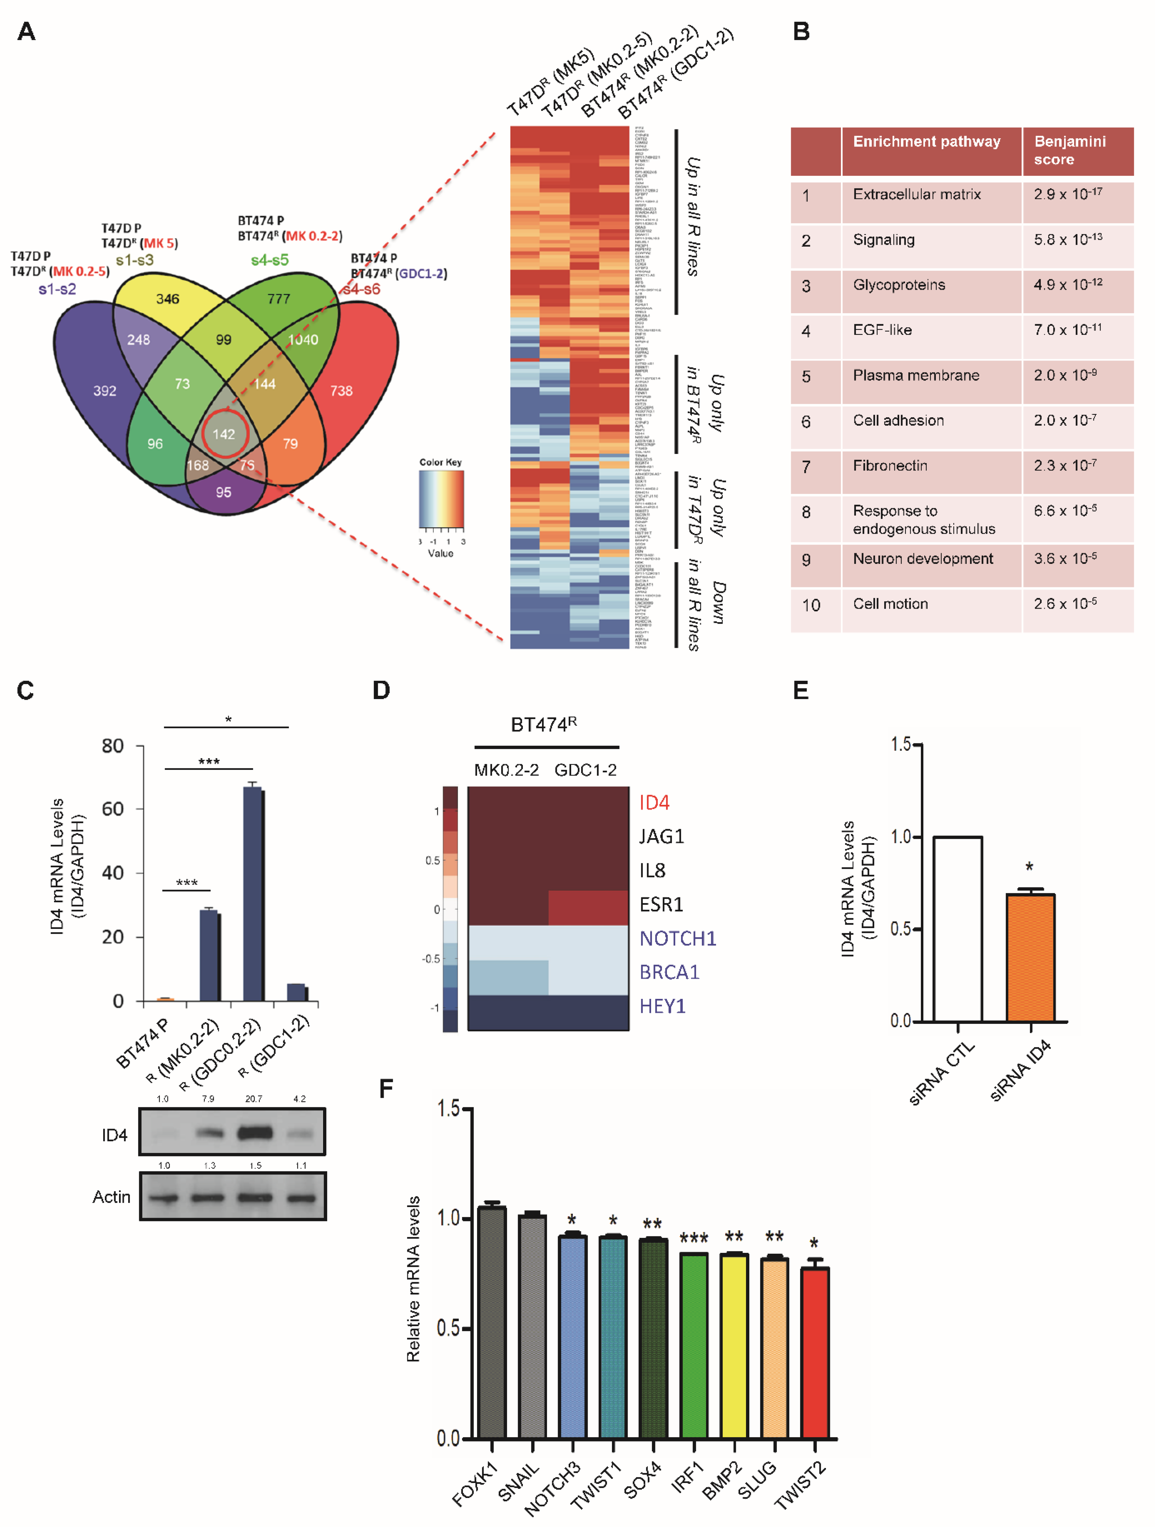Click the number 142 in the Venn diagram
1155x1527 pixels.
point(224,434)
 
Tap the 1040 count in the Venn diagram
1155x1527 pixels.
point(303,340)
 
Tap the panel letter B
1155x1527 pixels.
point(801,32)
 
